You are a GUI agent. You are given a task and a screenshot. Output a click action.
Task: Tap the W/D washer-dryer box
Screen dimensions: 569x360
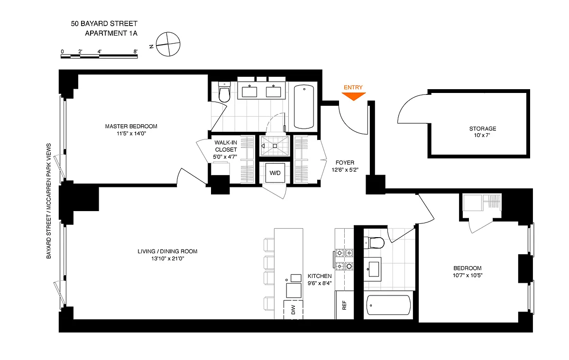(x=275, y=173)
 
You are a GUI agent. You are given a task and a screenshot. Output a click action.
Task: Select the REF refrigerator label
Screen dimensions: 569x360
(x=344, y=305)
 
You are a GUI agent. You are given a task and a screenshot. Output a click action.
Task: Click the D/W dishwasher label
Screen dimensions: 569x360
(x=293, y=310)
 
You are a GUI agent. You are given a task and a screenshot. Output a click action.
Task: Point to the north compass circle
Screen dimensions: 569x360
(x=168, y=44)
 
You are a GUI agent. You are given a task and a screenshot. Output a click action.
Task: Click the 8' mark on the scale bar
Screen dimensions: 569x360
(x=136, y=52)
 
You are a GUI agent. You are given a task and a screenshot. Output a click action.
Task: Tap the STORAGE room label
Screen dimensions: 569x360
(x=483, y=129)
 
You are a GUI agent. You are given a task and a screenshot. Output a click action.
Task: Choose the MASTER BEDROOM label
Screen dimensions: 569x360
(x=131, y=126)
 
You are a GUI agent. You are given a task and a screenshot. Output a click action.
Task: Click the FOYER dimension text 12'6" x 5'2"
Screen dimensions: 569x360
(x=345, y=170)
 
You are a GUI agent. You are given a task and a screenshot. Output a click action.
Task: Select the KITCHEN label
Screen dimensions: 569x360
(x=320, y=276)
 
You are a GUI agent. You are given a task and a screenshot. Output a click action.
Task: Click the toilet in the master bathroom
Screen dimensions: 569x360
(x=224, y=92)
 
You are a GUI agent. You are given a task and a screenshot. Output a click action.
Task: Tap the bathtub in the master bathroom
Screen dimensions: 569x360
(x=304, y=107)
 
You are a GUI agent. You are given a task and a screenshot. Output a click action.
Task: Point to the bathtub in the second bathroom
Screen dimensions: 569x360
(x=388, y=305)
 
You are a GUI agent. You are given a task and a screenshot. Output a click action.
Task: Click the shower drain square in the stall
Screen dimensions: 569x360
(x=275, y=146)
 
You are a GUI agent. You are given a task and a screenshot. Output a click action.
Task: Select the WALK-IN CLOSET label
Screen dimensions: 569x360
(x=226, y=146)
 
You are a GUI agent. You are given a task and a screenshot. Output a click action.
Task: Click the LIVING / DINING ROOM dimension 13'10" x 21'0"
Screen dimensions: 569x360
(x=168, y=258)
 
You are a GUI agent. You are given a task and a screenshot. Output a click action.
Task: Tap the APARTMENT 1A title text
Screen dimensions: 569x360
(x=111, y=33)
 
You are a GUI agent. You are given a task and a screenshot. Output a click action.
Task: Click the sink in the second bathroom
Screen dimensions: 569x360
(x=373, y=269)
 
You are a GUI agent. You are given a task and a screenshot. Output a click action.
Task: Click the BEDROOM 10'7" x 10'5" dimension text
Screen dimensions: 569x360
(x=468, y=275)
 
